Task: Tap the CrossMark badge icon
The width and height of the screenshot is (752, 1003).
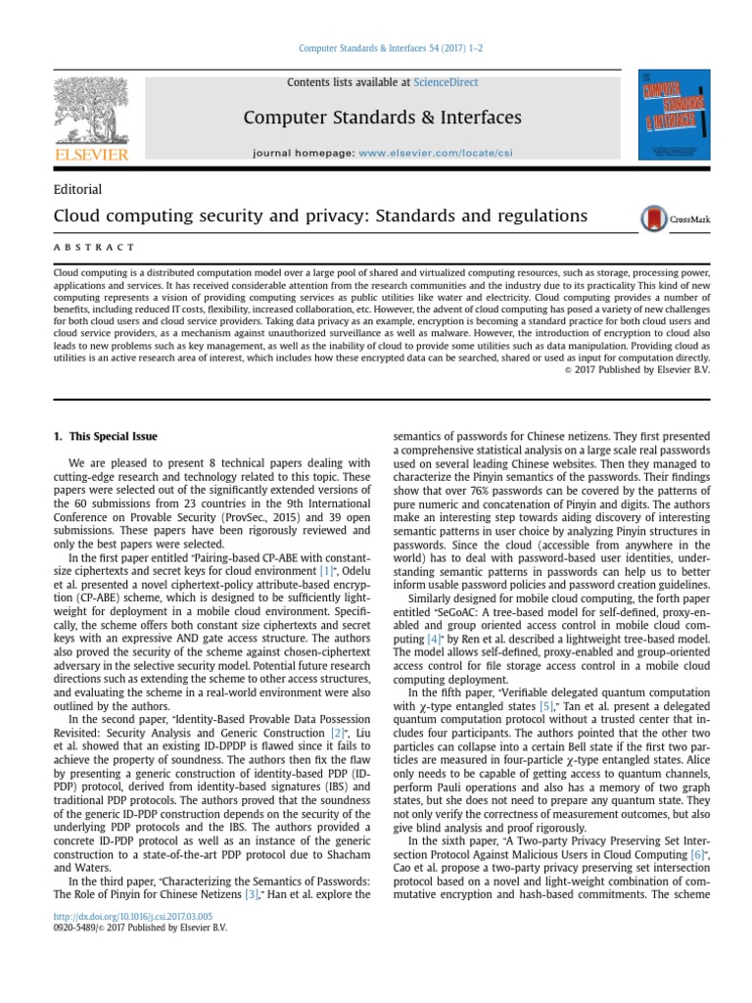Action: tap(676, 218)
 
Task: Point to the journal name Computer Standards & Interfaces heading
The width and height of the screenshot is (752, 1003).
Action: tap(382, 118)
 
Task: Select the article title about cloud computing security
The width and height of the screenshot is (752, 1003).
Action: tap(319, 215)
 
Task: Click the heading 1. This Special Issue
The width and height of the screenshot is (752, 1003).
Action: tap(105, 436)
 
